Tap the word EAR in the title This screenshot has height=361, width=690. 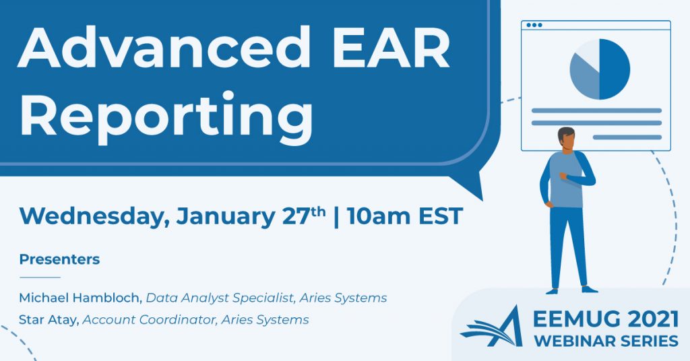point(391,48)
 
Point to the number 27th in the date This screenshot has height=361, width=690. point(304,216)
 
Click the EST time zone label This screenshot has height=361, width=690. point(441,216)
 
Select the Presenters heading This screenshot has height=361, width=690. point(59,259)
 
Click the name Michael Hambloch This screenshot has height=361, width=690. point(80,298)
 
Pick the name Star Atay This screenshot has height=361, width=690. point(49,320)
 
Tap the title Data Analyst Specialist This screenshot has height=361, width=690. point(220,298)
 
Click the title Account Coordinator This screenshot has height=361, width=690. point(149,320)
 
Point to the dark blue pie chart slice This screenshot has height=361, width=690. point(615,69)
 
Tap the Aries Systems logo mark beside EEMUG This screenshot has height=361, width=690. point(491,327)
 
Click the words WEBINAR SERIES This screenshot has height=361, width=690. point(606,341)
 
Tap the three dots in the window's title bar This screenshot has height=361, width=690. point(534,25)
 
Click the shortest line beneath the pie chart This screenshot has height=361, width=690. point(627,137)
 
